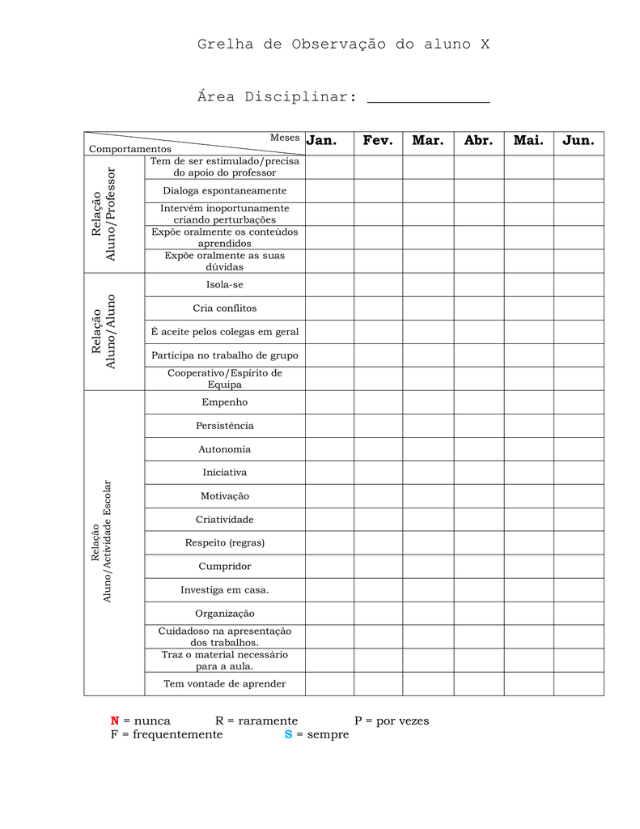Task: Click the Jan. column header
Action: pyautogui.click(x=321, y=141)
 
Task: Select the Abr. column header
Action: pyautogui.click(x=478, y=141)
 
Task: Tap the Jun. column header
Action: pyautogui.click(x=579, y=141)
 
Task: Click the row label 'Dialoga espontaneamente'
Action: pyautogui.click(x=225, y=191)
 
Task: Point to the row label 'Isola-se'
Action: pyautogui.click(x=225, y=285)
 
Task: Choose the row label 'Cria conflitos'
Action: pyautogui.click(x=225, y=308)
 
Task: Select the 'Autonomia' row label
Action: pyautogui.click(x=225, y=449)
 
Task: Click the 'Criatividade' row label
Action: pyautogui.click(x=225, y=520)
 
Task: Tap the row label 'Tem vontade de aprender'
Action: pyautogui.click(x=225, y=684)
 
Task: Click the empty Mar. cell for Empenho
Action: pyautogui.click(x=428, y=402)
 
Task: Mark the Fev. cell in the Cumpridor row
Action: pyautogui.click(x=378, y=567)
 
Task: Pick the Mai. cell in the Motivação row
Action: pyautogui.click(x=528, y=496)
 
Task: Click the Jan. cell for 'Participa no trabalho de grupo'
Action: pyautogui.click(x=329, y=355)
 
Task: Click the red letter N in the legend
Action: pyautogui.click(x=115, y=721)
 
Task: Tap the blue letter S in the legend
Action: pyautogui.click(x=288, y=735)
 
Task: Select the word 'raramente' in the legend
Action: pyautogui.click(x=267, y=721)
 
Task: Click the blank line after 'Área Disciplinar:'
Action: pyautogui.click(x=428, y=99)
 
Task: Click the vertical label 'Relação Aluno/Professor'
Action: pyautogui.click(x=104, y=215)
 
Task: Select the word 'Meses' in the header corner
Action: pyautogui.click(x=285, y=138)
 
